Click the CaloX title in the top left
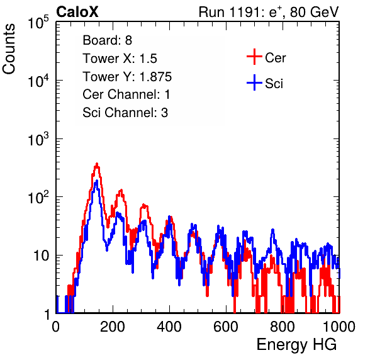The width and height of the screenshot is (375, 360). click(x=77, y=11)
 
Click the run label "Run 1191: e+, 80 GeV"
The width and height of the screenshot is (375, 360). click(x=269, y=12)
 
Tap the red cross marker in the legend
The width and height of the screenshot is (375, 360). click(x=254, y=57)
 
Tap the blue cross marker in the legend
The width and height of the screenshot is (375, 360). click(x=254, y=83)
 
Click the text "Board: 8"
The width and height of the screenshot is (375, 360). click(x=107, y=40)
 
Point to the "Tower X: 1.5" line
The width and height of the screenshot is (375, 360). click(x=120, y=59)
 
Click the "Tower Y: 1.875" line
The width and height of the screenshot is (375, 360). click(x=127, y=77)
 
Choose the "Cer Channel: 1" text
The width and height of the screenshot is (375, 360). click(x=126, y=94)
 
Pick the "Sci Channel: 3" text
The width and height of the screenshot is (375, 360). click(x=125, y=113)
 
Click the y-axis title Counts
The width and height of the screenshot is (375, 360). click(x=9, y=49)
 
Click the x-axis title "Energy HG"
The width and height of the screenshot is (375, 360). click(x=296, y=345)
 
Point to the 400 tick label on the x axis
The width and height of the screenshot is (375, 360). click(x=169, y=327)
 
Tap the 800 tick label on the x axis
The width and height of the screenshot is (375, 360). click(x=283, y=327)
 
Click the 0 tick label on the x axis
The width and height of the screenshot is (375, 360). click(x=56, y=327)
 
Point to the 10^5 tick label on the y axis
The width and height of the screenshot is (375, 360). click(x=38, y=22)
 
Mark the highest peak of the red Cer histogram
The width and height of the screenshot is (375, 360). click(x=97, y=164)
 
